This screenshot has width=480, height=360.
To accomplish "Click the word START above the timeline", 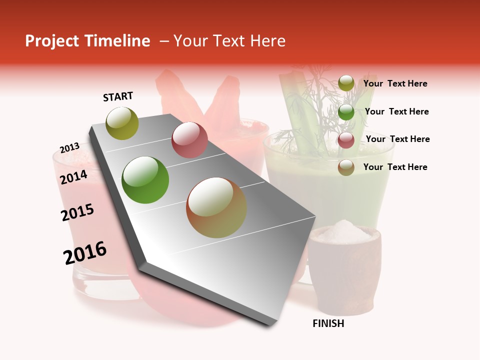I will [x=118, y=96].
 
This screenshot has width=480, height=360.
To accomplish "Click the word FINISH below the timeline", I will [x=328, y=323].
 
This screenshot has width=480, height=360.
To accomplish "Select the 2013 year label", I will [x=69, y=148].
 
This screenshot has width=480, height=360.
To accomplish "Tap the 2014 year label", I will [x=73, y=177].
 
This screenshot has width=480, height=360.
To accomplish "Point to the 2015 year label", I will [x=77, y=213].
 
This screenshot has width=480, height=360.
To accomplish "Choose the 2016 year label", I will [x=85, y=253].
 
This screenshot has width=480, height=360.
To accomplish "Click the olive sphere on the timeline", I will [x=122, y=123].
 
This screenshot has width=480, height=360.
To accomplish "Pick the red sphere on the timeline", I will [x=189, y=140].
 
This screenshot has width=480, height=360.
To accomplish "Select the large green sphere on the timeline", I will [x=145, y=180].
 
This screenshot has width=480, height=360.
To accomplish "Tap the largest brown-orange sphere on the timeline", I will [x=216, y=207].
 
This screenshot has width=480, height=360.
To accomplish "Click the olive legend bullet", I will [x=346, y=83].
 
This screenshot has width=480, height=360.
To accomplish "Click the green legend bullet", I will [x=346, y=112].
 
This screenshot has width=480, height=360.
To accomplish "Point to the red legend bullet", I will [x=346, y=140].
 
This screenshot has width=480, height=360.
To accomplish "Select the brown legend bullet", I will [x=346, y=168].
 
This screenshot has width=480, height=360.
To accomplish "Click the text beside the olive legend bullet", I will [x=395, y=83].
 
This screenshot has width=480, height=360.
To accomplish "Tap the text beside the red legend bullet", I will [x=397, y=139].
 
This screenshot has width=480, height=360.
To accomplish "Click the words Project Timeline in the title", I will [x=87, y=41].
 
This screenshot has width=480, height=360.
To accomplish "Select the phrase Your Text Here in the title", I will [x=229, y=41].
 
